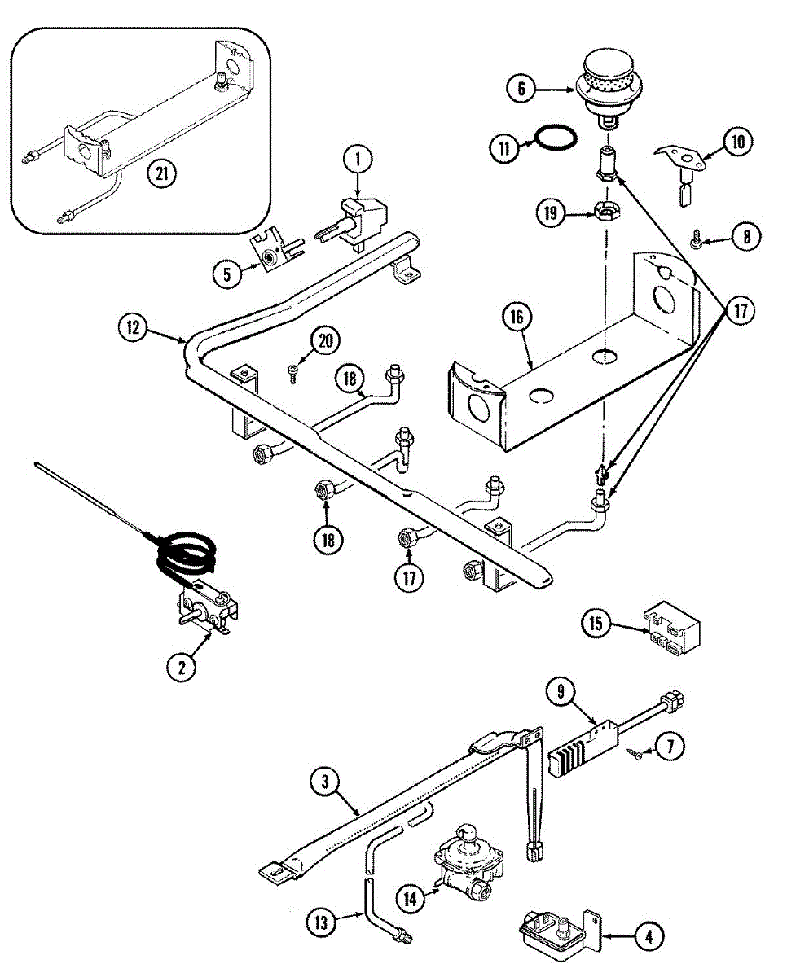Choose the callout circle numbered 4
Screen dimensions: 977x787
[649, 937]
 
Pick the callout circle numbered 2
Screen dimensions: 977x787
[182, 668]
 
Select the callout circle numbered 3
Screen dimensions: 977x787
[325, 782]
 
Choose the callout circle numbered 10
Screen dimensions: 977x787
[736, 142]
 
